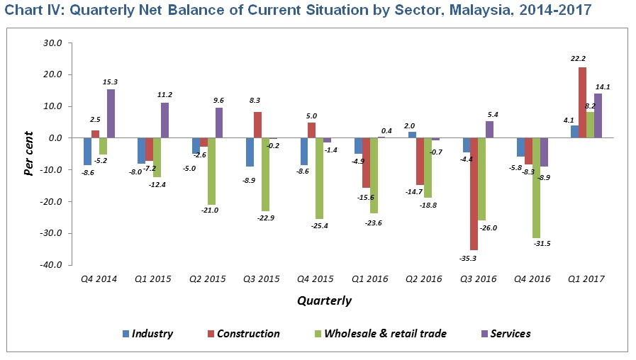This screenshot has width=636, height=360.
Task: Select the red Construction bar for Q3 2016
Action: pyautogui.click(x=474, y=193)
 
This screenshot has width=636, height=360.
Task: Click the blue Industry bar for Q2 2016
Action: pyautogui.click(x=412, y=135)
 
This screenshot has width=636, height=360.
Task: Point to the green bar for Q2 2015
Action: pyautogui.click(x=211, y=171)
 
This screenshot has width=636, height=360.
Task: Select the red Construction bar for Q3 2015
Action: pyautogui.click(x=258, y=125)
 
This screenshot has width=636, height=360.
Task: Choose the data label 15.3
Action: pyautogui.click(x=110, y=82)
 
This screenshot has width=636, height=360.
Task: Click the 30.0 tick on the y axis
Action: pyautogui.click(x=54, y=43)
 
